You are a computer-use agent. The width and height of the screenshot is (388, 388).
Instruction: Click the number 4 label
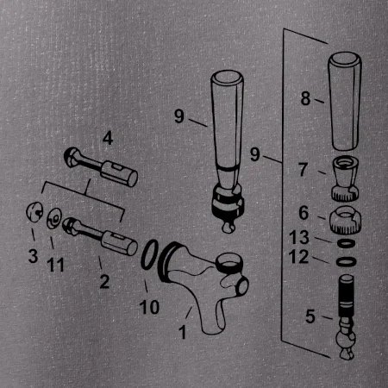108,138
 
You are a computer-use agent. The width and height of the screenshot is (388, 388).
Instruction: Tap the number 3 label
33,256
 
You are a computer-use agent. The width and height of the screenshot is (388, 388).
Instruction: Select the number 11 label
55,265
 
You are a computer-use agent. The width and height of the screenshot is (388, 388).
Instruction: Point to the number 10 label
149,307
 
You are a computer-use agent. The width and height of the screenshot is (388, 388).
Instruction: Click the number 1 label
183,332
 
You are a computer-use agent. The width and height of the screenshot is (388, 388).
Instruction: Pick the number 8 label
305,98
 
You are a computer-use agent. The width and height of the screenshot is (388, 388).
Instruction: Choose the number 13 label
299,237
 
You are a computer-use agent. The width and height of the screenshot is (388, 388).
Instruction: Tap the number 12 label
298,257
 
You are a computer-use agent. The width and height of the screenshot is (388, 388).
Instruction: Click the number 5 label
310,316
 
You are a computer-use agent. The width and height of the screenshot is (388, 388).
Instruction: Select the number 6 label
304,213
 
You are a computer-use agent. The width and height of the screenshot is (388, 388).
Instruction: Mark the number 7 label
304,170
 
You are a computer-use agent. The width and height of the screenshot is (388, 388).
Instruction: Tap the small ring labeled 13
346,243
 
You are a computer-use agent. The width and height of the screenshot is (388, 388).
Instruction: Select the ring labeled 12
346,261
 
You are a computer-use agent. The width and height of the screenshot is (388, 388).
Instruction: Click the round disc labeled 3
34,212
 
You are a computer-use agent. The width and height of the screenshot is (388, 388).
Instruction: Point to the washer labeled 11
54,218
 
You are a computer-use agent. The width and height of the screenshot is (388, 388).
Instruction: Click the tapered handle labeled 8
345,101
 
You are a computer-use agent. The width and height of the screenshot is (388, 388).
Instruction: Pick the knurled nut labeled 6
345,220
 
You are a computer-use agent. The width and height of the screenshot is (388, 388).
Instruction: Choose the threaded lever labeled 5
347,316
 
